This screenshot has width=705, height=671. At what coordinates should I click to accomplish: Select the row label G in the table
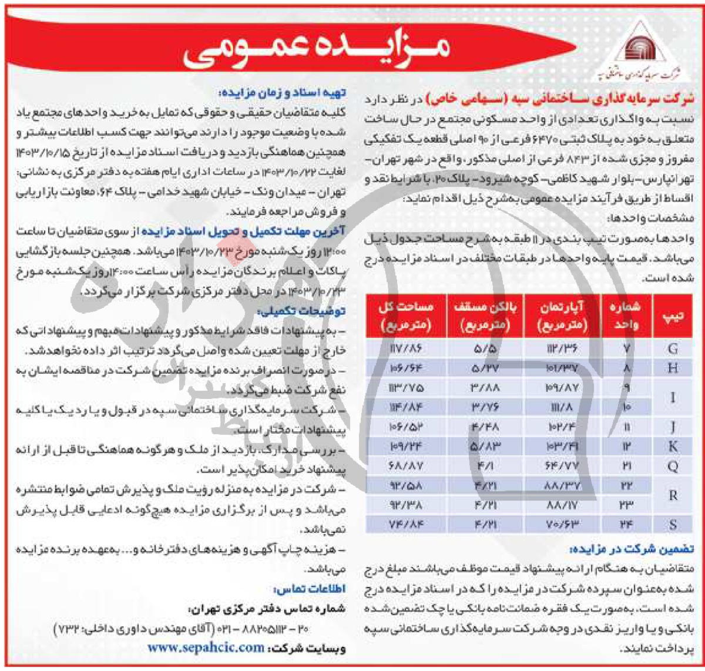coord(673,348)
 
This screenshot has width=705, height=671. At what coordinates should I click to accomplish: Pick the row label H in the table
coord(673,368)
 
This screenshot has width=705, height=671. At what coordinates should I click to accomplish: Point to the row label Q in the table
coord(673,467)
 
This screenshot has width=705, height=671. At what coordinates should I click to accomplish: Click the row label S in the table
coord(673,525)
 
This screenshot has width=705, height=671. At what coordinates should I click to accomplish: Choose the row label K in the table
coord(673,447)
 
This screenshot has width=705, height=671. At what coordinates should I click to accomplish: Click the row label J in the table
coord(673,427)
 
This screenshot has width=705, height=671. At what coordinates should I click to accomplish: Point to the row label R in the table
coord(673,495)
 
